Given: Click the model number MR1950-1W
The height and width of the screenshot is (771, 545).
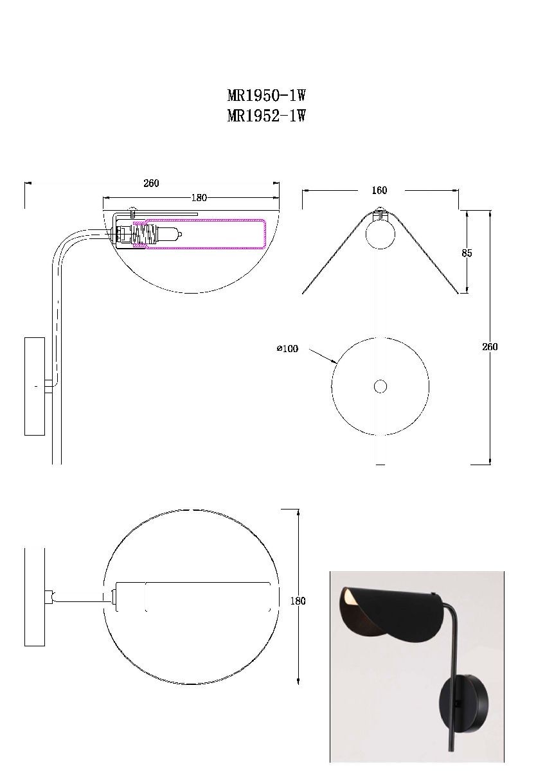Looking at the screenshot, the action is pyautogui.click(x=266, y=95).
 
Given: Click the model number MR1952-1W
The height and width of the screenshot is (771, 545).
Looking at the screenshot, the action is pyautogui.click(x=266, y=116).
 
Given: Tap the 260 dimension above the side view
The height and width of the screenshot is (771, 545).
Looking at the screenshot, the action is pyautogui.click(x=151, y=183).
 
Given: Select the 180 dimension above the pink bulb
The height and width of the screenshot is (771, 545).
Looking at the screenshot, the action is pyautogui.click(x=199, y=198).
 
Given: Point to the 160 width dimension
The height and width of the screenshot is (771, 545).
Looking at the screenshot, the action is pyautogui.click(x=379, y=190).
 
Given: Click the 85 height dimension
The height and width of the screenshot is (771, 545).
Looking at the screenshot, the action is pyautogui.click(x=467, y=253).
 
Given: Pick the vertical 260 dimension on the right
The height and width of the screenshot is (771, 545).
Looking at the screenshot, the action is pyautogui.click(x=490, y=346).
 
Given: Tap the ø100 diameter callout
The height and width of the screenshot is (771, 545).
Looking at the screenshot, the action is pyautogui.click(x=287, y=349).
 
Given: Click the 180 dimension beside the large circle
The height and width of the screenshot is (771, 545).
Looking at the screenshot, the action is pyautogui.click(x=298, y=601).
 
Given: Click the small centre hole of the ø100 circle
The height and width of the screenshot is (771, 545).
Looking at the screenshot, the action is pyautogui.click(x=380, y=387).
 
